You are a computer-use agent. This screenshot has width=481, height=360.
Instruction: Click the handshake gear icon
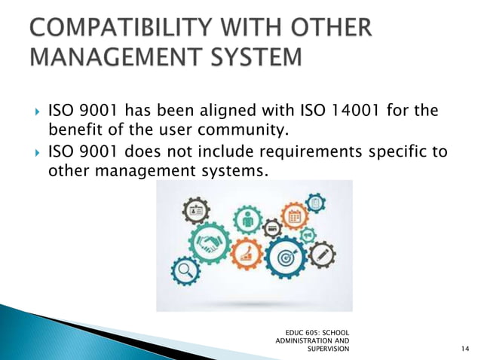point(210,243)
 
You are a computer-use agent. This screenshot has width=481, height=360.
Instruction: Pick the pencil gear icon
point(323,255)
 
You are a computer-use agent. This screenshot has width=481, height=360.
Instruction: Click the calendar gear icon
point(294,216)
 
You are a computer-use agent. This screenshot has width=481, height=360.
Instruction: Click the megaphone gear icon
point(308,234)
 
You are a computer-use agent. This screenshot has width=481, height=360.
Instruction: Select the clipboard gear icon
point(316,202)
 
